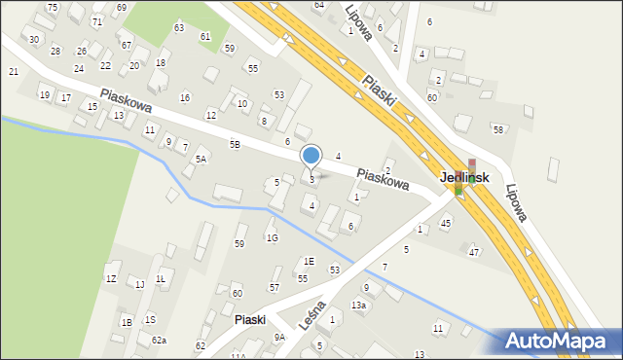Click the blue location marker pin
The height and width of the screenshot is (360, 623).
tap(311, 157)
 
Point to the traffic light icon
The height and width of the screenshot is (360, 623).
tap(471, 166)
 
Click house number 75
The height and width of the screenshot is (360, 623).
tap(52, 7)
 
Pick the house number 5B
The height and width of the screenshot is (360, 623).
tap(235, 144)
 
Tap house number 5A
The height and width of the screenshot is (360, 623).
tap(201, 159)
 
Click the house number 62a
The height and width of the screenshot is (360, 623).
tap(159, 341)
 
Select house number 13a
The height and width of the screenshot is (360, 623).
tap(359, 306)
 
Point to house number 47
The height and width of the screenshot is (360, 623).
tap(474, 252)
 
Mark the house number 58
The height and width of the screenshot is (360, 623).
tap(497, 129)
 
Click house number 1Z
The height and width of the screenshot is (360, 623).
tap(111, 279)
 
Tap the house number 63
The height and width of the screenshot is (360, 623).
tap(178, 27)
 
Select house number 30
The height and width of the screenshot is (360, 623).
tap(34, 39)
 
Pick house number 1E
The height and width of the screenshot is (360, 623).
tap(309, 261)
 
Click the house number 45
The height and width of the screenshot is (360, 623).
tap(446, 223)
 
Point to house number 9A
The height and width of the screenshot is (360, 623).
tap(279, 337)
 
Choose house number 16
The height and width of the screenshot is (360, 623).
tap(185, 97)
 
